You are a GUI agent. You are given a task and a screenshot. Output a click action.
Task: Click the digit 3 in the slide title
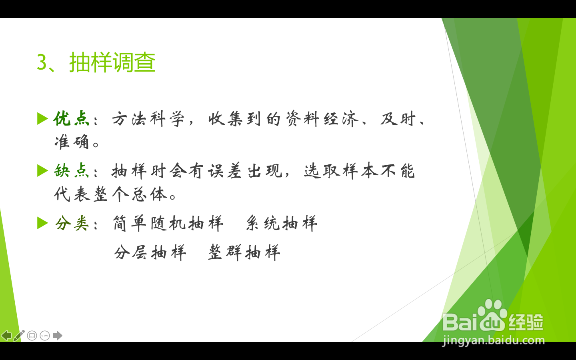(x=42, y=62)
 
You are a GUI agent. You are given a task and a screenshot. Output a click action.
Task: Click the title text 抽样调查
(x=112, y=62)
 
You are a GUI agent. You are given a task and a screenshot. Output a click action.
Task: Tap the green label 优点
(x=72, y=118)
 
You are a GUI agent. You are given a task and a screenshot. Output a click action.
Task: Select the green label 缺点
(x=72, y=170)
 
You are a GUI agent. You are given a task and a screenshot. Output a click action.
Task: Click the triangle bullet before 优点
(x=42, y=118)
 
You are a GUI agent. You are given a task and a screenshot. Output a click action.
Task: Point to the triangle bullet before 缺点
(x=42, y=170)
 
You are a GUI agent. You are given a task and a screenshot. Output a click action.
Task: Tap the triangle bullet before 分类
(x=42, y=223)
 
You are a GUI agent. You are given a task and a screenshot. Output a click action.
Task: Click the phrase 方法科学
(x=148, y=119)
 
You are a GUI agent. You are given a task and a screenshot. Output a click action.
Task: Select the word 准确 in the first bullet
(x=72, y=142)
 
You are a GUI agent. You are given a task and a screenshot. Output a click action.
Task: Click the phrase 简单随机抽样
(x=168, y=223)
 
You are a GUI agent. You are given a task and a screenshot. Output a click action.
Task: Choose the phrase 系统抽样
(x=282, y=223)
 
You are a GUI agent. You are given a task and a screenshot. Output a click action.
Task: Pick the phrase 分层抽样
(x=150, y=252)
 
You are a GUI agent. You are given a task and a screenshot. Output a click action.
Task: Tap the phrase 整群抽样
(x=244, y=252)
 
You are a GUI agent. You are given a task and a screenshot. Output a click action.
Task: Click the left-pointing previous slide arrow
(x=6, y=336)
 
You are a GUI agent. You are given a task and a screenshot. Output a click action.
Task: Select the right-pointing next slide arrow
(x=58, y=336)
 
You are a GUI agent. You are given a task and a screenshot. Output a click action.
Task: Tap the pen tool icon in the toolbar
(x=19, y=335)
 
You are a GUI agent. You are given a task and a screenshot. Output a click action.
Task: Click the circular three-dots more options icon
(x=45, y=336)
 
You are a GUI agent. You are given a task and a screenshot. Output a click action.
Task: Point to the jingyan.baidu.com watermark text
(x=494, y=340)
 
